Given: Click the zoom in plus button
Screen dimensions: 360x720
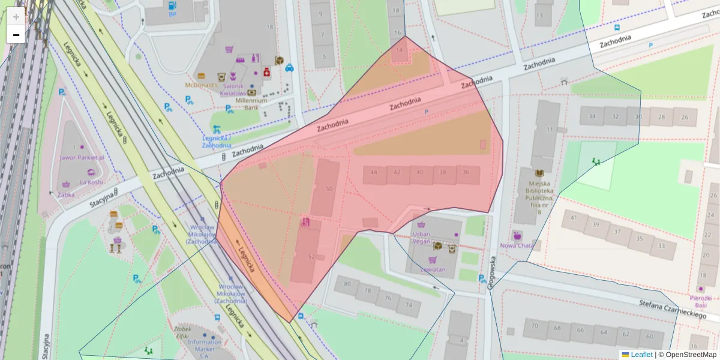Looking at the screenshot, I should point(16,17).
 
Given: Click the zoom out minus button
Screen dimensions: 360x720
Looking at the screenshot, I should point(16,35).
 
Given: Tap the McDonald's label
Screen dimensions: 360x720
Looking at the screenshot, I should point(200,85).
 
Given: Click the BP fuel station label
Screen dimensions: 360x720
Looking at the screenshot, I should point(173,14).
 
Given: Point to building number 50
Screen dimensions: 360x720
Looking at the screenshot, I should point(329,189).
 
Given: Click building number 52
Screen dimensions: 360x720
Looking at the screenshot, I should point(311,257).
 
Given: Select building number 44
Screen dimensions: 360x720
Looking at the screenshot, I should point(374,172).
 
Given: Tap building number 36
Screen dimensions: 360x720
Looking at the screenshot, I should point(466,172).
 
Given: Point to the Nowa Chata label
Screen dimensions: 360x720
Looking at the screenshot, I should point(517,245).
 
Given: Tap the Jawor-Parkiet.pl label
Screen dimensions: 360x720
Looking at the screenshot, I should point(82,158).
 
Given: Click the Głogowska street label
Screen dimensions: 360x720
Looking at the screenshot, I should point(491,274).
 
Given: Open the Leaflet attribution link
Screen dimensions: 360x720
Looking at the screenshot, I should point(641,355).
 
